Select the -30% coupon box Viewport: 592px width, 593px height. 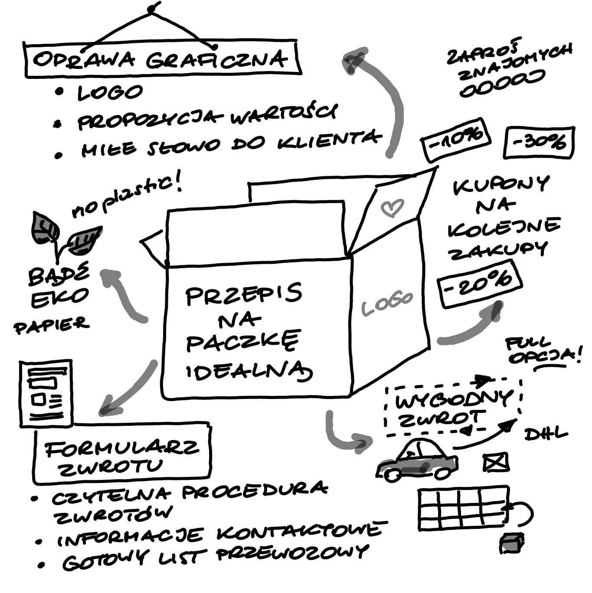(x=539, y=142)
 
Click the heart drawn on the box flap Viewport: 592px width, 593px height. (x=392, y=208)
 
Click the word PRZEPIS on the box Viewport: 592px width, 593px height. (x=243, y=295)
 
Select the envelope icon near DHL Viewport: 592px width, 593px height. (x=495, y=463)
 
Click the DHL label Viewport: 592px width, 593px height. (x=546, y=434)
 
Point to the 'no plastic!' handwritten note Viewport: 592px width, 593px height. (x=126, y=197)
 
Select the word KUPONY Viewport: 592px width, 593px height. (x=501, y=185)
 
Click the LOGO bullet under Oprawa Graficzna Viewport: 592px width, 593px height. (x=109, y=92)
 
